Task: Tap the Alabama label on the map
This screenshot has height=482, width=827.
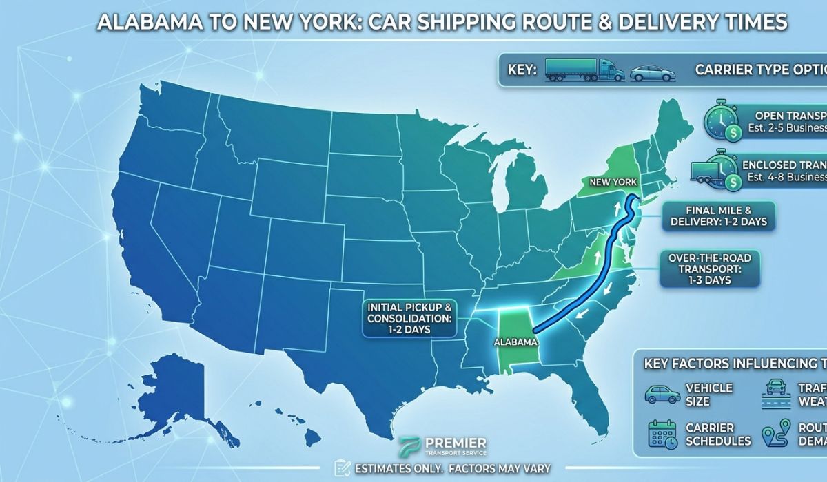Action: (514, 341)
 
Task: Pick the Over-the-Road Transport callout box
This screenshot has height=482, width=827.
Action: (709, 269)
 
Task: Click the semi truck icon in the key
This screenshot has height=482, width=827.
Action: (584, 70)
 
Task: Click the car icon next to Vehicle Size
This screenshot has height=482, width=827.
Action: (662, 394)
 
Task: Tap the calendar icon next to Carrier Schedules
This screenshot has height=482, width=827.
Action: (662, 434)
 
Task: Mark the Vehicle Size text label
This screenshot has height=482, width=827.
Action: (709, 394)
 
